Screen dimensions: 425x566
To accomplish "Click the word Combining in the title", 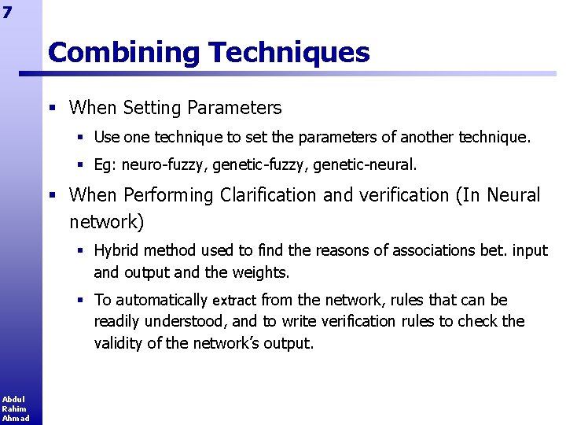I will (x=124, y=53).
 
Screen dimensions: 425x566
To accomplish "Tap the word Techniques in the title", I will (x=289, y=53).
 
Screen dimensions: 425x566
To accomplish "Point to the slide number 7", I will (x=7, y=12).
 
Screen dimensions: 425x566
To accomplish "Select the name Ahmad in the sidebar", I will (x=15, y=418).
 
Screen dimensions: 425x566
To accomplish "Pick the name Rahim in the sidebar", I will (x=13, y=408).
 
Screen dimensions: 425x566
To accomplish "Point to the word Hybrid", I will (x=116, y=251).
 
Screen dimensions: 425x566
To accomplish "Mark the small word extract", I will (x=234, y=301).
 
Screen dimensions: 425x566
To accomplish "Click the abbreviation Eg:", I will (x=105, y=165).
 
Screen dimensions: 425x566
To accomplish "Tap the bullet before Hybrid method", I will (x=81, y=251).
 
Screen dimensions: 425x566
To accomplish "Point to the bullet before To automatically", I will (x=81, y=300).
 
